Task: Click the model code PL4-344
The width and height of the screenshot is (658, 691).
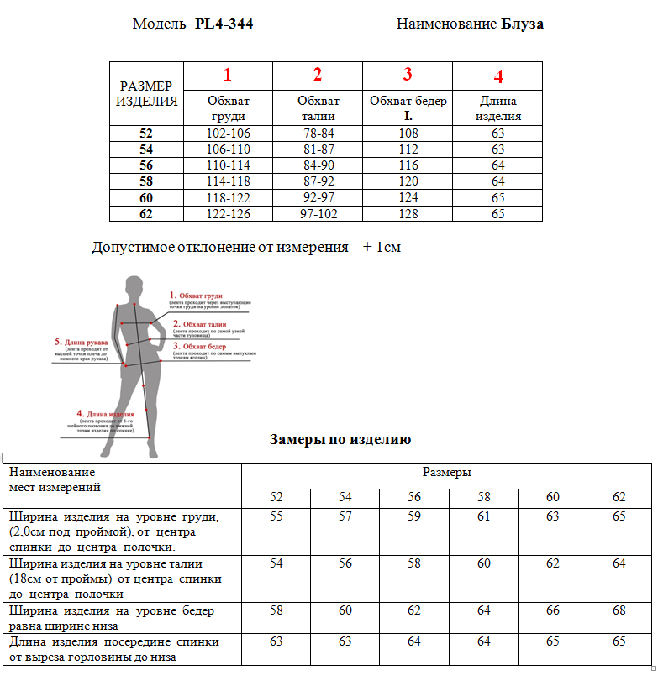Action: [x=224, y=24]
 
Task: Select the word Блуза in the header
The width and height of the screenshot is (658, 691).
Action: [x=523, y=24]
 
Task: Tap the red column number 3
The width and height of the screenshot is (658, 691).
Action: [x=408, y=75]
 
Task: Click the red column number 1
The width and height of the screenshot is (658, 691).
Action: [x=227, y=75]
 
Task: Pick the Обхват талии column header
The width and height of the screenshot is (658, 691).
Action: [x=318, y=108]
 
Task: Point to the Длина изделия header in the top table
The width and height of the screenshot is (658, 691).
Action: [x=498, y=108]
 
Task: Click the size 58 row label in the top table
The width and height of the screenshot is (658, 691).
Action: [x=146, y=181]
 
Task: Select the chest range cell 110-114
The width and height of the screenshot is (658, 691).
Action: [x=228, y=165]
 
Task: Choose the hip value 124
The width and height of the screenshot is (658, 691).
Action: [x=408, y=197]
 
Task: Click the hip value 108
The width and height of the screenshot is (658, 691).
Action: [x=408, y=133]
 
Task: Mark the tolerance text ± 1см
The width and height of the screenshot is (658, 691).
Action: [x=382, y=248]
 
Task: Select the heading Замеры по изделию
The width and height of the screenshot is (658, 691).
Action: [x=340, y=440]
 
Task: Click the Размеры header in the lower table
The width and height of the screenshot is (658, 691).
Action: [x=446, y=473]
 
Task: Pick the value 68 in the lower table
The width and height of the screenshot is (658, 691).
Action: [x=619, y=610]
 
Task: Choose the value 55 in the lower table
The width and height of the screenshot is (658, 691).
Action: [x=276, y=516]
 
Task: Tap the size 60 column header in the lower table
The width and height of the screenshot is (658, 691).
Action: [x=552, y=497]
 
